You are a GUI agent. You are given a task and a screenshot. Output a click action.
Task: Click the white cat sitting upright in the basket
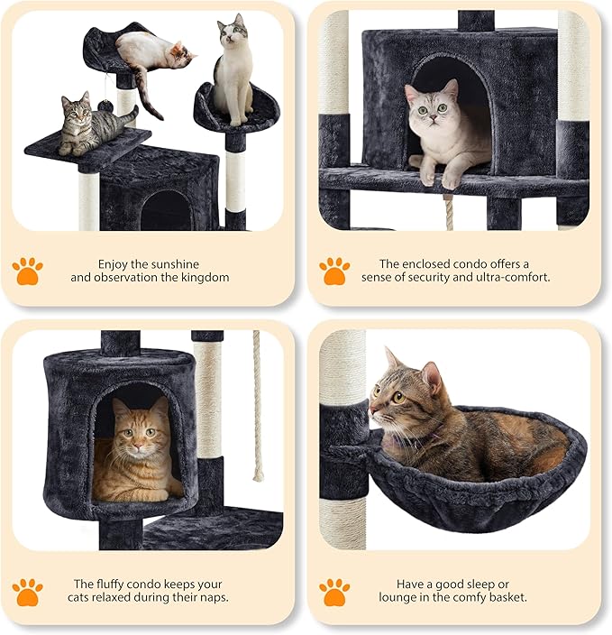pyautogui.click(x=233, y=72)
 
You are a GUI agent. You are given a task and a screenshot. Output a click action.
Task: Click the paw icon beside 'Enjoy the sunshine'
pyautogui.click(x=27, y=270)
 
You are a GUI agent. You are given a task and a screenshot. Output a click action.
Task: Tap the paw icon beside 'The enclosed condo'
pyautogui.click(x=334, y=270)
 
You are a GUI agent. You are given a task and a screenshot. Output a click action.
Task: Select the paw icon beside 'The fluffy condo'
pyautogui.click(x=27, y=591)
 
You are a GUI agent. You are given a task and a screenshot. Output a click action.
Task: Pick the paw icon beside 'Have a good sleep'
pyautogui.click(x=334, y=591)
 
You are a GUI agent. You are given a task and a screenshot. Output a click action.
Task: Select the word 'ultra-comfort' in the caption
pyautogui.click(x=514, y=278)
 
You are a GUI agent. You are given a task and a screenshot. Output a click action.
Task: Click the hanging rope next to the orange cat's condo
pyautogui.click(x=257, y=406)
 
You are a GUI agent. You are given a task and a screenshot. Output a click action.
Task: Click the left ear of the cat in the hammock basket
pyautogui.click(x=391, y=359)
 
